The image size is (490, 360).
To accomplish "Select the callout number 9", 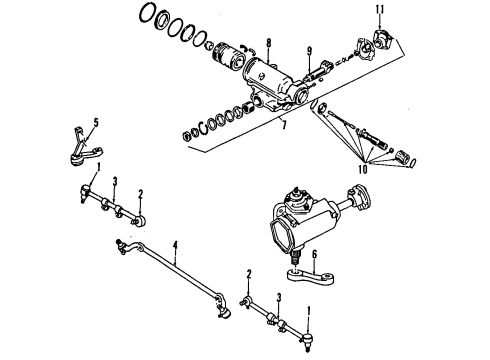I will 310,51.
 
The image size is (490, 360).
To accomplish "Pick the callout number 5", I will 96,125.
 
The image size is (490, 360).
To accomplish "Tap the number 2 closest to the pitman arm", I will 249,274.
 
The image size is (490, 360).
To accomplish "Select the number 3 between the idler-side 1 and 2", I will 115,181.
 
